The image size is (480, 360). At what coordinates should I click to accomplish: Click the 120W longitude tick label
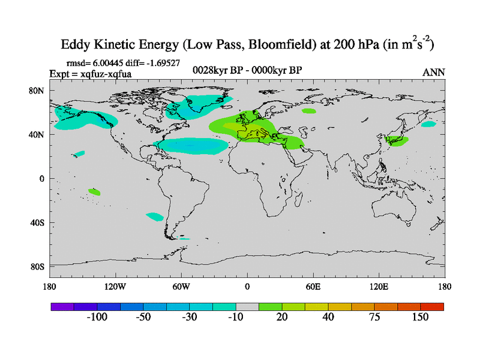115,286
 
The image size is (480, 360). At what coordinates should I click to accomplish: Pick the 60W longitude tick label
181,286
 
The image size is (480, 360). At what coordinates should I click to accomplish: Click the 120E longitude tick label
379,286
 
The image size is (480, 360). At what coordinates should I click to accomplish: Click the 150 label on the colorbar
420,317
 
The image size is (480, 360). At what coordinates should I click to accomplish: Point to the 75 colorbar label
374,317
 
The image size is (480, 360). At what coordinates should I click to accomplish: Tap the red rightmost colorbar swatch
432,307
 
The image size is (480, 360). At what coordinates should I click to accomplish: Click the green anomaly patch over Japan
397,141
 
